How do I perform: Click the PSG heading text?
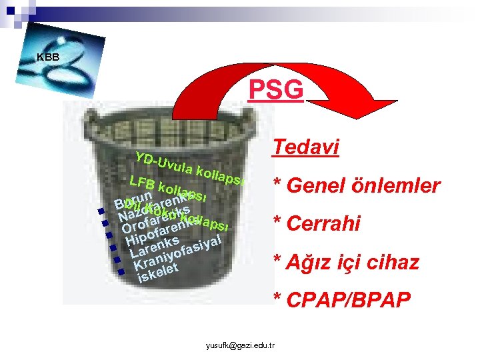pos(275,89)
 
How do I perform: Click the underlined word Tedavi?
pos(305,146)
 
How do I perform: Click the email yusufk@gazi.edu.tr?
pos(243,345)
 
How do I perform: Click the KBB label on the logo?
pos(48,57)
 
